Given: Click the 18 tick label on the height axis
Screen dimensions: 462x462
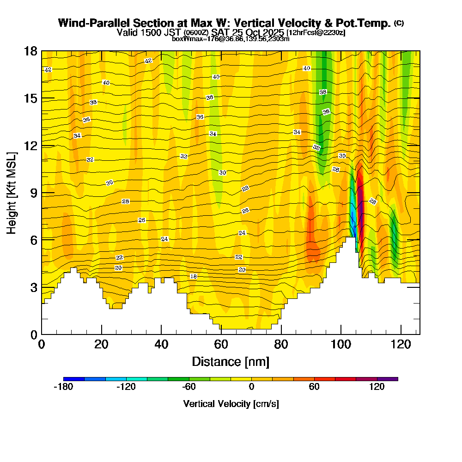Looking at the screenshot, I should coord(30,51).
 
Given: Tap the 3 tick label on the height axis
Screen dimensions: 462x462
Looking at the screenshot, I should coord(33,287).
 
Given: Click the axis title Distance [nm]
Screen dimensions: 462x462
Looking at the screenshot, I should coord(231,361).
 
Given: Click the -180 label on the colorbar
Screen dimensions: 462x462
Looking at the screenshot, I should coord(63,387).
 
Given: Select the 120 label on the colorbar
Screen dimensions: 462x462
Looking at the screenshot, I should coord(377,387).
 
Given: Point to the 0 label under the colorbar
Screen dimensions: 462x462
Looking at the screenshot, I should coord(251,387).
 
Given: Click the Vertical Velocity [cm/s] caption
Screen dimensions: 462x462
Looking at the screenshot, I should coord(231,404).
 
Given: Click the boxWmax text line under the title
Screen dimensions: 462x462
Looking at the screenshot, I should coord(231,39).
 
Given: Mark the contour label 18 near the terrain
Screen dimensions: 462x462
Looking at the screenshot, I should coord(194,276).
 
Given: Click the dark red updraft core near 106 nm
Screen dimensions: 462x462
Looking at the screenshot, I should coord(360,199).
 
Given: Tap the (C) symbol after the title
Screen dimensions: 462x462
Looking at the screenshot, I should coord(399,23).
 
